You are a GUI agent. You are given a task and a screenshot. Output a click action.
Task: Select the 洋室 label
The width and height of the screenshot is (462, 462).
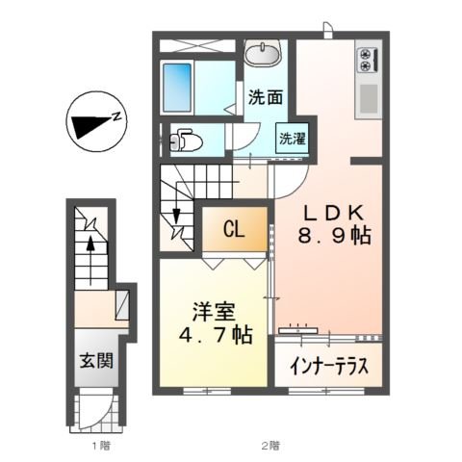tap(214, 312)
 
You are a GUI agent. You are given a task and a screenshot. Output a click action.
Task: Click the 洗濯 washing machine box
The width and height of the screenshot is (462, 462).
tap(293, 138)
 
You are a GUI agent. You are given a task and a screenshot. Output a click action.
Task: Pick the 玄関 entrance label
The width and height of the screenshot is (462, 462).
tap(94, 363)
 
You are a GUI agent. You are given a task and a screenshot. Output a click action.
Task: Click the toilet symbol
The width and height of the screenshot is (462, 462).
tap(186, 141)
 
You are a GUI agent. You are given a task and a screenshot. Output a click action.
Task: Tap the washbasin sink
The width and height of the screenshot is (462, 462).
tap(262, 53)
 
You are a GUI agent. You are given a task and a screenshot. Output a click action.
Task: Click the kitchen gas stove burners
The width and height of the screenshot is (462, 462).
tap(366, 60)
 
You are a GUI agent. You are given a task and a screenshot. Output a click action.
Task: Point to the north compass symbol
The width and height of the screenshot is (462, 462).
tap(93, 123)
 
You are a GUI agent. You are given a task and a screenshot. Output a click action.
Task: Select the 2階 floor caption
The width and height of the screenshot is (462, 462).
tap(270, 446)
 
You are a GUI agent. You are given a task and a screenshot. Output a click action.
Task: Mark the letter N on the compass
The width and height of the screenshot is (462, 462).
tap(115, 117)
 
